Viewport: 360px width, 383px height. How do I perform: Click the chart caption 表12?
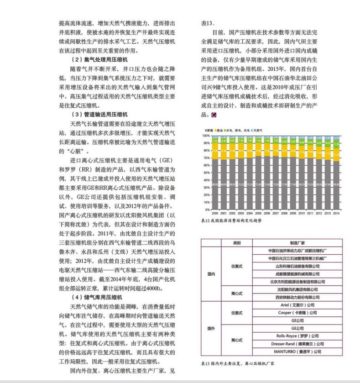pyautogui.click(x=231, y=220)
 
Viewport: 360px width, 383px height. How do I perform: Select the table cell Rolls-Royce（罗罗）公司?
pyautogui.click(x=298, y=336)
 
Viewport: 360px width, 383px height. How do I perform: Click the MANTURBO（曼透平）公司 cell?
pyautogui.click(x=298, y=352)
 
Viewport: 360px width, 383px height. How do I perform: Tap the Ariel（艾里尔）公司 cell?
pyautogui.click(x=298, y=305)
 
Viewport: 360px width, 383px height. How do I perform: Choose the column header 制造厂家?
pyautogui.click(x=298, y=243)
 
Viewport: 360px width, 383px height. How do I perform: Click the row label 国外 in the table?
pyautogui.click(x=211, y=328)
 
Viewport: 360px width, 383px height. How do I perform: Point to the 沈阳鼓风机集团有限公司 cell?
pyautogui.click(x=298, y=289)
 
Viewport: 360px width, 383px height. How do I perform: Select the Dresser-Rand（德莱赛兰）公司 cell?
pyautogui.click(x=298, y=344)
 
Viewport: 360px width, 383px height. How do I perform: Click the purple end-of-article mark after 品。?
pyautogui.click(x=213, y=115)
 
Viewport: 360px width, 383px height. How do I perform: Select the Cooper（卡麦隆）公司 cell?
pyautogui.click(x=298, y=313)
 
